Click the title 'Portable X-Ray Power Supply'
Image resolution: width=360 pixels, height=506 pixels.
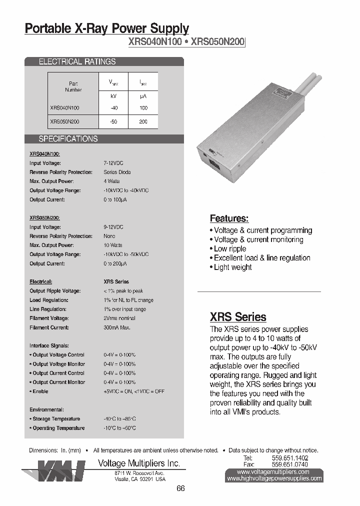tap(107, 28)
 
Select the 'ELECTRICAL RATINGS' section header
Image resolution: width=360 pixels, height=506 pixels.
tap(77, 62)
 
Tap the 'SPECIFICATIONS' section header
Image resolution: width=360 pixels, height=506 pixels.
tap(68, 139)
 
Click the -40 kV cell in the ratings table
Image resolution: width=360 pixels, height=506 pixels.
tap(114, 108)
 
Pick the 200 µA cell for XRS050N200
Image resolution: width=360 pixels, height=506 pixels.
tap(143, 122)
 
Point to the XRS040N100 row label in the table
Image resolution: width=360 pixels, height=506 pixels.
tap(64, 108)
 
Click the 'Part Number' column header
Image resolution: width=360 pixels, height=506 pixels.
tap(73, 86)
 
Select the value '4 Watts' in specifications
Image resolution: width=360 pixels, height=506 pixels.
tap(111, 181)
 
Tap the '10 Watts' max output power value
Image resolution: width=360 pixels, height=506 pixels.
tap(112, 245)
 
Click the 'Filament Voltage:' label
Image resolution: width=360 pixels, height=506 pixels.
tap(49, 318)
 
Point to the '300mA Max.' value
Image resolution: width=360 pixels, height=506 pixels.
tap(117, 327)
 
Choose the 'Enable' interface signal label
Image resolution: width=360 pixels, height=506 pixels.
tap(40, 391)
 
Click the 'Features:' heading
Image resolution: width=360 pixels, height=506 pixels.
tap(229, 218)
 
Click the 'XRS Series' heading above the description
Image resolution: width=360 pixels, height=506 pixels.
tap(237, 317)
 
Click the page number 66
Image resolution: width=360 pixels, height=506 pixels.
tap(180, 488)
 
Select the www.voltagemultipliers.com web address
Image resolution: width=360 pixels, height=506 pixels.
tap(273, 471)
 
